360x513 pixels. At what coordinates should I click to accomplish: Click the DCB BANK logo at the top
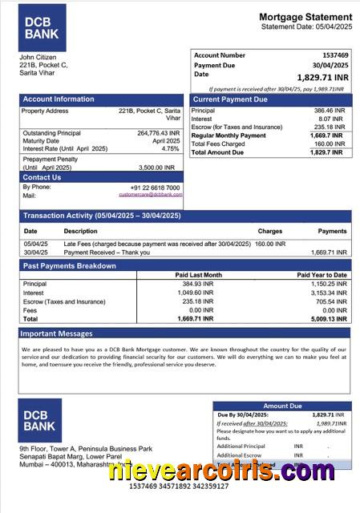(42, 27)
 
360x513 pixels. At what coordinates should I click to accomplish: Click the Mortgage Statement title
(305, 17)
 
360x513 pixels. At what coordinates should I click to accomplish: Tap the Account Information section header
(59, 99)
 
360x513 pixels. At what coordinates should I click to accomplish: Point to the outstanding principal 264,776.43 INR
(158, 133)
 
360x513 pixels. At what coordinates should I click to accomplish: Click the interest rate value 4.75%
(170, 148)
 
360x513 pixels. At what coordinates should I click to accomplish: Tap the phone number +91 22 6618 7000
(155, 188)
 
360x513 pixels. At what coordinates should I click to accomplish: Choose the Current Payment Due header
(230, 99)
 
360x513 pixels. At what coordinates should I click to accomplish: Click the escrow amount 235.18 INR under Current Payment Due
(329, 127)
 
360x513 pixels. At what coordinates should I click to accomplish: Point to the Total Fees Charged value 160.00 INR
(329, 143)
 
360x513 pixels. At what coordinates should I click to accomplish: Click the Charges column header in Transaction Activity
(269, 231)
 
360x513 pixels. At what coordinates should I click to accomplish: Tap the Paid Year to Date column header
(322, 275)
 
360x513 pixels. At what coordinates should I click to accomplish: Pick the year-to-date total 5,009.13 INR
(330, 318)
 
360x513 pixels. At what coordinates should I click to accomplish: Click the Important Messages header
(56, 333)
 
